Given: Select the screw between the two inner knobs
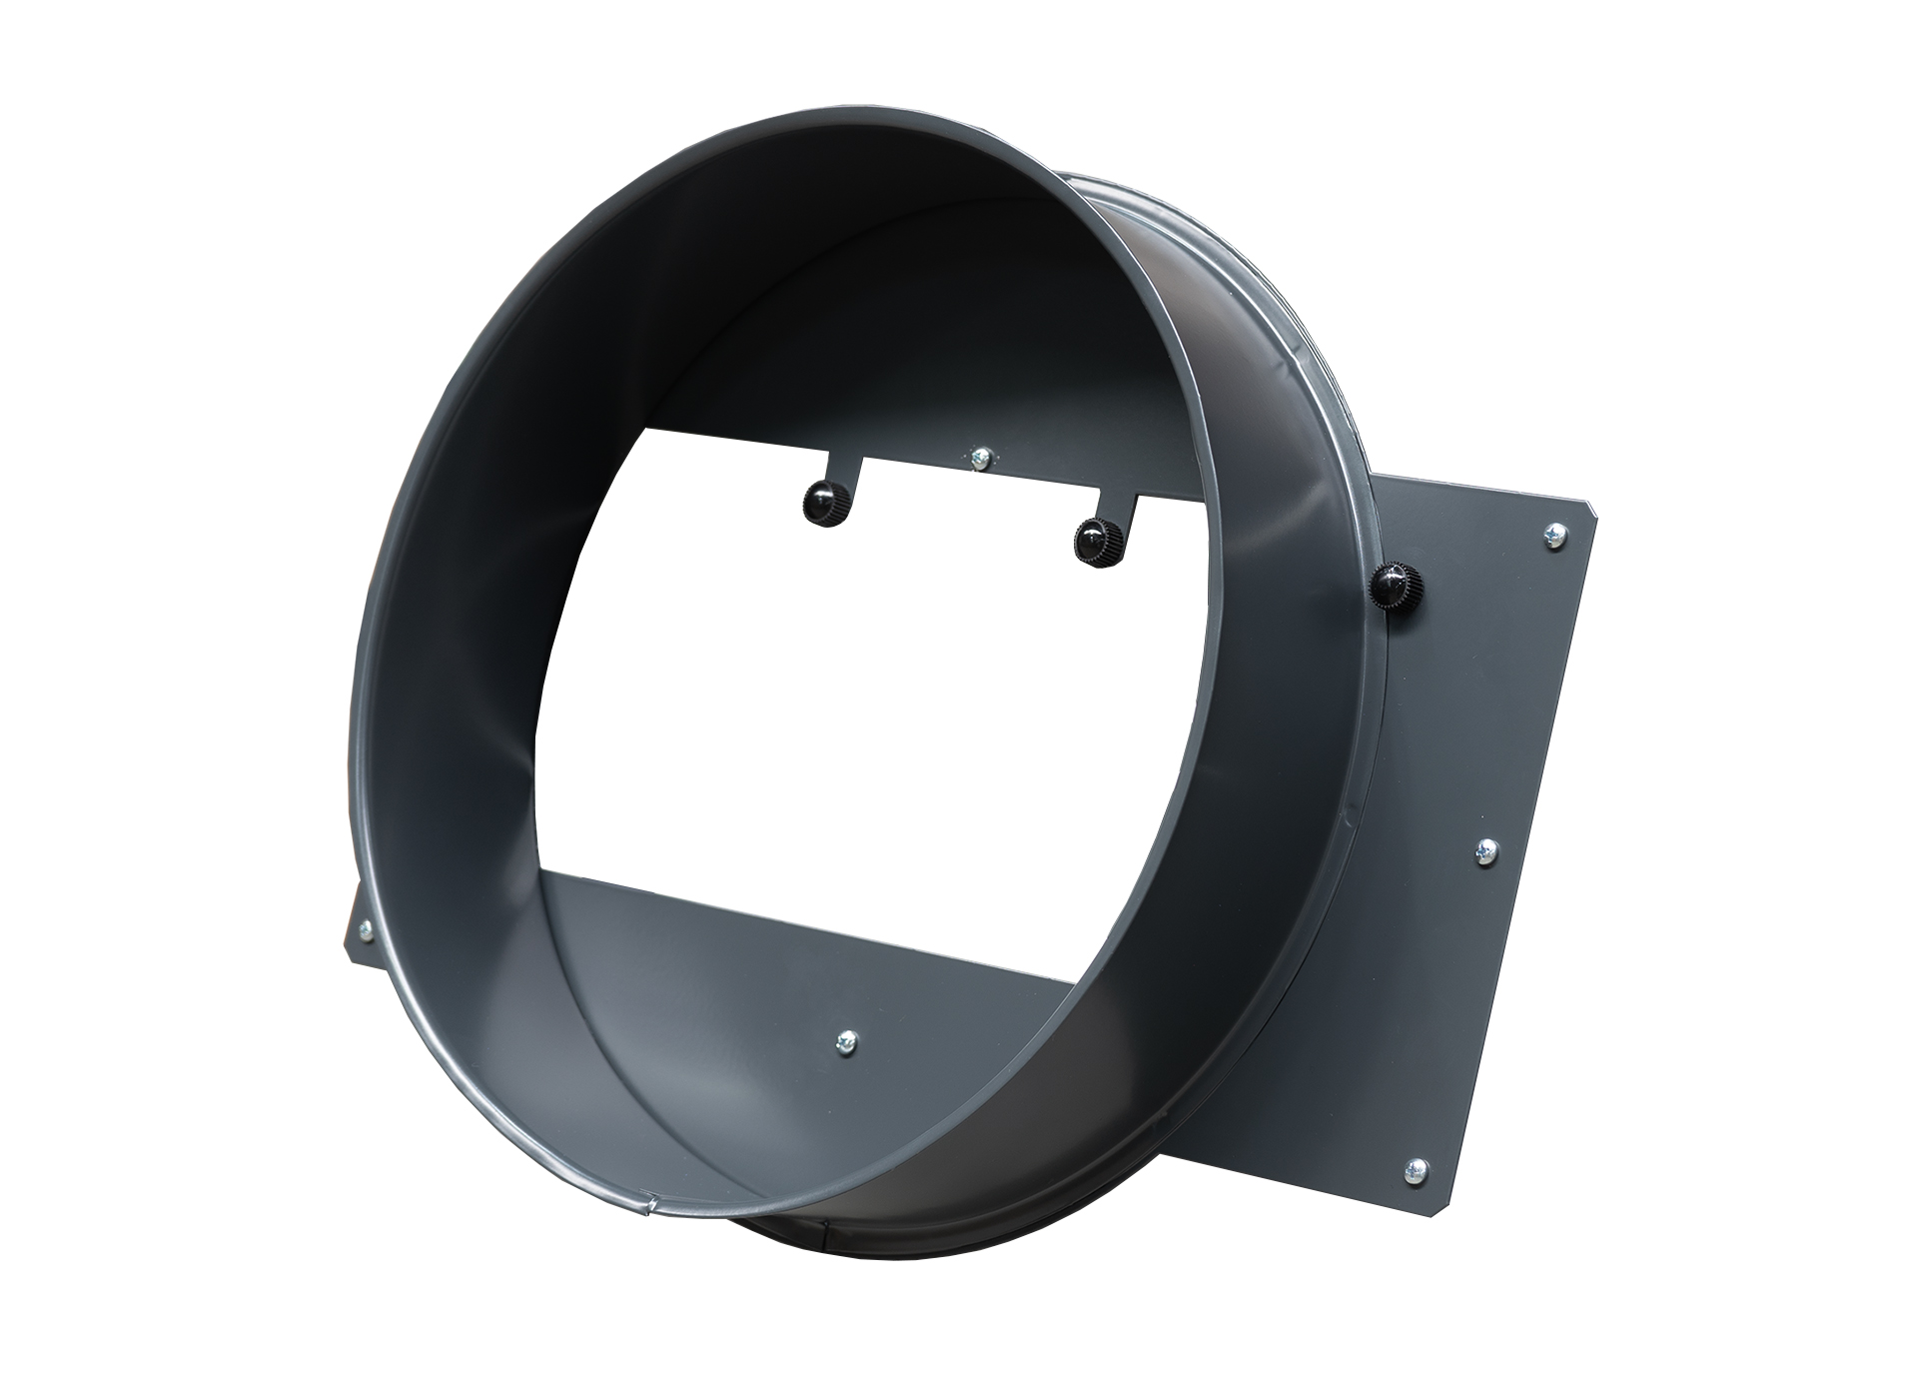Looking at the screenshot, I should (x=980, y=457).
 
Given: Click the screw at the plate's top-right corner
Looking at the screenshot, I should (x=1553, y=537).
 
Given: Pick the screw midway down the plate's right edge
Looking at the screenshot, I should (x=1486, y=850).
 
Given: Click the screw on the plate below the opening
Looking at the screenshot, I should (x=848, y=1042).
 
